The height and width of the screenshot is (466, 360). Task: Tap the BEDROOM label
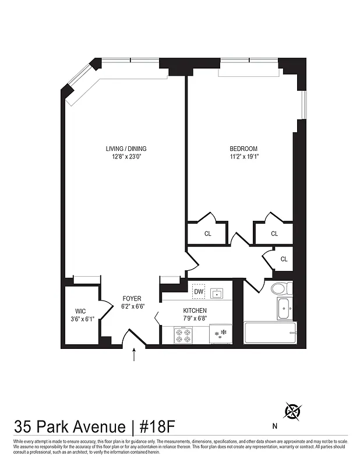coord(243,148)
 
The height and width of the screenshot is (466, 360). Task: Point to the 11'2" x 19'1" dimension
coord(243,156)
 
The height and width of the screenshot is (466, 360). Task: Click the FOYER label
coord(132,298)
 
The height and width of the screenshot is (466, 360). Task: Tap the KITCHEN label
coord(196,310)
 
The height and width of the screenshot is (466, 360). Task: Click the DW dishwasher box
coord(199,291)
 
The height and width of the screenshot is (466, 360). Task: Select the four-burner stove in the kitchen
coord(183,334)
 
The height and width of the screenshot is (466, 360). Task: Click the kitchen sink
coord(217,292)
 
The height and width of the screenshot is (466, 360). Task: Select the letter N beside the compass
coord(274,425)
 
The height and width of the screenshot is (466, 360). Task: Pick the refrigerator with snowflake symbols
coord(221,334)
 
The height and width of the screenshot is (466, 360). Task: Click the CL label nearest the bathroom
coord(284,259)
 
